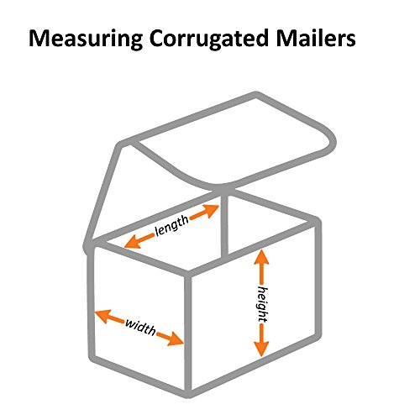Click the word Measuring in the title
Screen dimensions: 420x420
coord(86,39)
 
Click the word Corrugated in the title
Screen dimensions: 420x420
coord(209,39)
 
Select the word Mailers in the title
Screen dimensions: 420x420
coord(316,38)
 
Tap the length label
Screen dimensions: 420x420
coord(171,225)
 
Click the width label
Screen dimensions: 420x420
coord(140,327)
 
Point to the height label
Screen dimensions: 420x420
coord(262,304)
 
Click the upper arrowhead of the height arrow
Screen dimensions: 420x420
coord(261,257)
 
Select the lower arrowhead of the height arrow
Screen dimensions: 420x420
coord(261,349)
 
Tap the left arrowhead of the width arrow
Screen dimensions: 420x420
coord(102,316)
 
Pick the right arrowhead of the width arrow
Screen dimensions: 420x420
coord(176,339)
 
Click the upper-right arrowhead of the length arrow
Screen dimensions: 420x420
coord(211,211)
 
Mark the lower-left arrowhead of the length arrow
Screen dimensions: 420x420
coord(132,242)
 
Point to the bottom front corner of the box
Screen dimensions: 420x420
coord(189,392)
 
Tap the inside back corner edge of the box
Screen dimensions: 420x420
coord(224,224)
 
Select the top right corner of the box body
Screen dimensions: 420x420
coord(317,221)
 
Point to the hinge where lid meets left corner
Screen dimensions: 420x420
coord(88,246)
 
